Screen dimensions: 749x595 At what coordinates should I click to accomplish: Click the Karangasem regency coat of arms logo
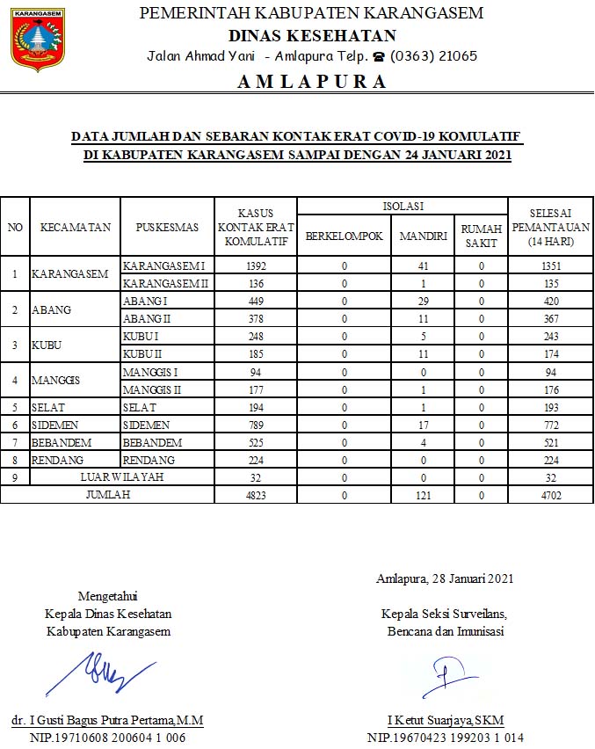(38, 40)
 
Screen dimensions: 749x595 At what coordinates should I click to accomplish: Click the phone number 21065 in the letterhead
(458, 56)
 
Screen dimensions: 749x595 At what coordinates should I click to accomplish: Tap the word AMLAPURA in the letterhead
(311, 82)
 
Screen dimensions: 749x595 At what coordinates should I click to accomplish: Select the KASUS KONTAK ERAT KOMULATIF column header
(256, 227)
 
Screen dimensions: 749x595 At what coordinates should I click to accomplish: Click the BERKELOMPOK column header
(344, 236)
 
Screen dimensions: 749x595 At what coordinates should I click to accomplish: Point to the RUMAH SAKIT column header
(481, 236)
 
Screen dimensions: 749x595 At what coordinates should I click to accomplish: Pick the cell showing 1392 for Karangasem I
(256, 265)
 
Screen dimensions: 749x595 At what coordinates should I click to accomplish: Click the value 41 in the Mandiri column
(423, 265)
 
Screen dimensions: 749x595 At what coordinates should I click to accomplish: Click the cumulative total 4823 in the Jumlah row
(256, 495)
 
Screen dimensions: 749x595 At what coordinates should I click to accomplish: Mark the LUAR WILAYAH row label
(122, 477)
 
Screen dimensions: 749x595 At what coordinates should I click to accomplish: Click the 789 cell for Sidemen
(256, 424)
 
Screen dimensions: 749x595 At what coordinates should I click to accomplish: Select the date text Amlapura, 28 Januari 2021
(445, 578)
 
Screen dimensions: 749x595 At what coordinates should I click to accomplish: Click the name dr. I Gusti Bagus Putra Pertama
(107, 720)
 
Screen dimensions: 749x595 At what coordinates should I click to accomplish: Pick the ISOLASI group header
(403, 206)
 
